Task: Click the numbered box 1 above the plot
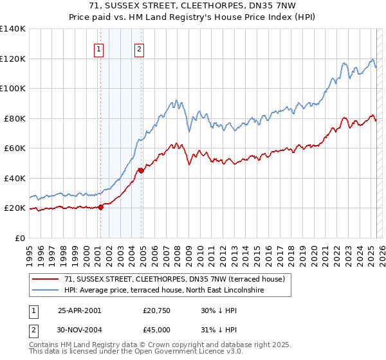click(100, 49)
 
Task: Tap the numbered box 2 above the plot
click(139, 49)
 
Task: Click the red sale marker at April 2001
click(100, 207)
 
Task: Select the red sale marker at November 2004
click(142, 170)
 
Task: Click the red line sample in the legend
click(45, 279)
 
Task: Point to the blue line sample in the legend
click(45, 291)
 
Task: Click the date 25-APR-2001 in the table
click(79, 310)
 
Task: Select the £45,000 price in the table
click(157, 330)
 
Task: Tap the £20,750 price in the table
click(157, 310)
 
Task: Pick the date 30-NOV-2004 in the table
click(80, 330)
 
